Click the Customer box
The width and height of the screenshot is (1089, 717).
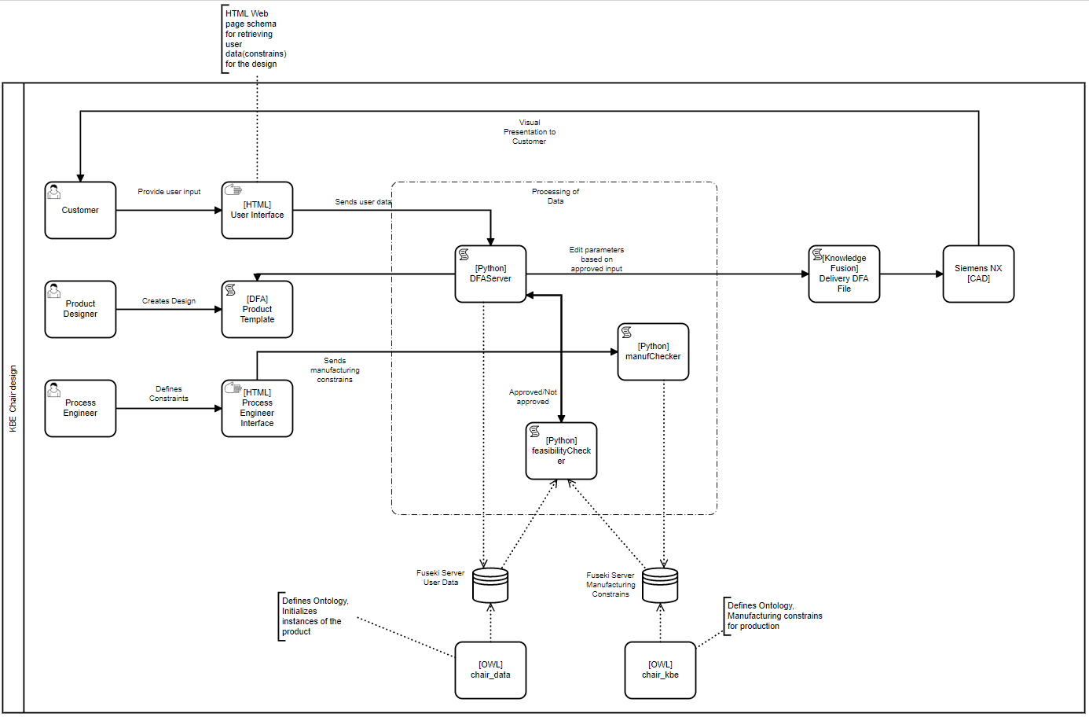click(x=80, y=211)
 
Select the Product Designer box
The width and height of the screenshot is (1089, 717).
click(x=80, y=309)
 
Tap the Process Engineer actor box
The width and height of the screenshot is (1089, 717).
click(x=80, y=408)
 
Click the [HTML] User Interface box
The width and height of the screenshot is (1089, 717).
click(x=257, y=211)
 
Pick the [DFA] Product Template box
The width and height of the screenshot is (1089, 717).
click(x=257, y=309)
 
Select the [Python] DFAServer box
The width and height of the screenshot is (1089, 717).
click(x=490, y=274)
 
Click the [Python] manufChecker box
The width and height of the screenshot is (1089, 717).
click(x=653, y=351)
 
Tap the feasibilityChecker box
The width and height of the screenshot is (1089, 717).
click(x=561, y=450)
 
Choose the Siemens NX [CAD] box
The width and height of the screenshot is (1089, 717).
click(x=978, y=274)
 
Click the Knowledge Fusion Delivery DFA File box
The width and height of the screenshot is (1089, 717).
click(x=844, y=274)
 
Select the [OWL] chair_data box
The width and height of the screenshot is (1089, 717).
click(x=490, y=670)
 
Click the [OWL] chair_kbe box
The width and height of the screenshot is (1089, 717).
click(x=660, y=670)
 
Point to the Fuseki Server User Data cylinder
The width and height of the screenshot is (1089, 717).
click(x=490, y=585)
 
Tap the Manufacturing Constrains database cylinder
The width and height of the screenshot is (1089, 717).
click(x=660, y=585)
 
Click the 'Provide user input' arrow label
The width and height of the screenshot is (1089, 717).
click(x=169, y=192)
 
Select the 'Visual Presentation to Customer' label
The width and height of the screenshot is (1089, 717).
click(x=530, y=132)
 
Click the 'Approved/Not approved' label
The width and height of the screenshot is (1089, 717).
click(x=533, y=397)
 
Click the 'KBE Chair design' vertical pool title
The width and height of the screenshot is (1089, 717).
click(x=13, y=399)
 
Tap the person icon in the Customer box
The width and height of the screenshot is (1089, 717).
click(x=53, y=192)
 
